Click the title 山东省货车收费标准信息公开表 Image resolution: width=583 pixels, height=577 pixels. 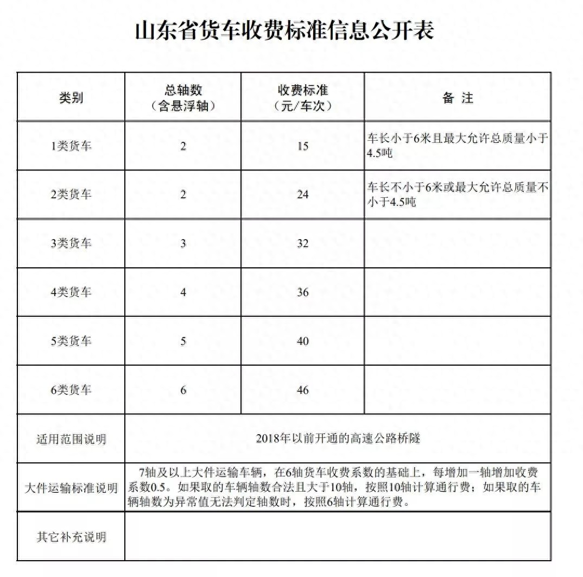(x=284, y=30)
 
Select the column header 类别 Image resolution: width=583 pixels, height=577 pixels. (x=71, y=98)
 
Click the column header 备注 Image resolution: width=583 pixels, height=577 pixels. (x=458, y=98)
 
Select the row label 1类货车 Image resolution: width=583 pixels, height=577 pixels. (x=71, y=146)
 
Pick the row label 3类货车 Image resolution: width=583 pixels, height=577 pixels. (x=71, y=243)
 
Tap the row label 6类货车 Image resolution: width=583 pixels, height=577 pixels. (x=71, y=390)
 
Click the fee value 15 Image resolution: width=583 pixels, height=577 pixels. (x=302, y=146)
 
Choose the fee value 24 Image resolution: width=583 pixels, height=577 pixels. (x=302, y=195)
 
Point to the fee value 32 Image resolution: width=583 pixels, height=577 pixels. (x=302, y=243)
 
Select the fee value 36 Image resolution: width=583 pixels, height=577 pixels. (x=302, y=292)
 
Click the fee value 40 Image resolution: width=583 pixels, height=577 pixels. (x=302, y=341)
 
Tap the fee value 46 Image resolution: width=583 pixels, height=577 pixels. (x=302, y=390)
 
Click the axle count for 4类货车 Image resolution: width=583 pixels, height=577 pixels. (x=183, y=292)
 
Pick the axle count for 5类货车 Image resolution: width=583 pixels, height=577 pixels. (x=183, y=341)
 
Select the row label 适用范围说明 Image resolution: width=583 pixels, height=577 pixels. (x=71, y=439)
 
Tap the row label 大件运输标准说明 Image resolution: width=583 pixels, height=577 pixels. (x=71, y=488)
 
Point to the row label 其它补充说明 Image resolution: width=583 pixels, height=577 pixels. (x=71, y=537)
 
